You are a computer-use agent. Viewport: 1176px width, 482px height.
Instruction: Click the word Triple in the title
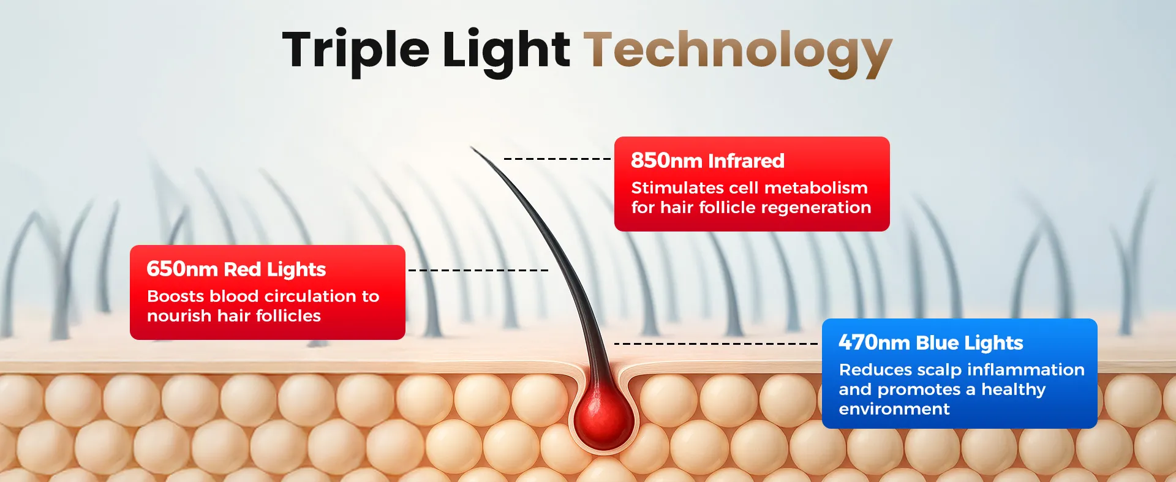356,51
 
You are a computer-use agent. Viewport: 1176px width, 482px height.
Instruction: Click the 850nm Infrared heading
707,160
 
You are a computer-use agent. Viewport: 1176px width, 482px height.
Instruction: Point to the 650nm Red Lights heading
236,269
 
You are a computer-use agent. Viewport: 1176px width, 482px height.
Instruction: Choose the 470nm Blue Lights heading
931,342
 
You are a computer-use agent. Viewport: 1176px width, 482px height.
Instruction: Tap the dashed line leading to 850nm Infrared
557,159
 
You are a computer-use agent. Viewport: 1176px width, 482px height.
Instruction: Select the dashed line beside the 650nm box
478,270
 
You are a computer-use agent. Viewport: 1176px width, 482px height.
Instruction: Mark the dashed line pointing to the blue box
716,344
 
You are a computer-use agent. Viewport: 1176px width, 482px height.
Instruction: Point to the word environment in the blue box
894,409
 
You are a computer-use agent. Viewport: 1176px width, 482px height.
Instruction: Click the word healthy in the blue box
1013,390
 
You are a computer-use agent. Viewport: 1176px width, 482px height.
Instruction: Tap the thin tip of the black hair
471,147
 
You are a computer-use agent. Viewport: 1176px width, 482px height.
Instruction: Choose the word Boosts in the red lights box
176,296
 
